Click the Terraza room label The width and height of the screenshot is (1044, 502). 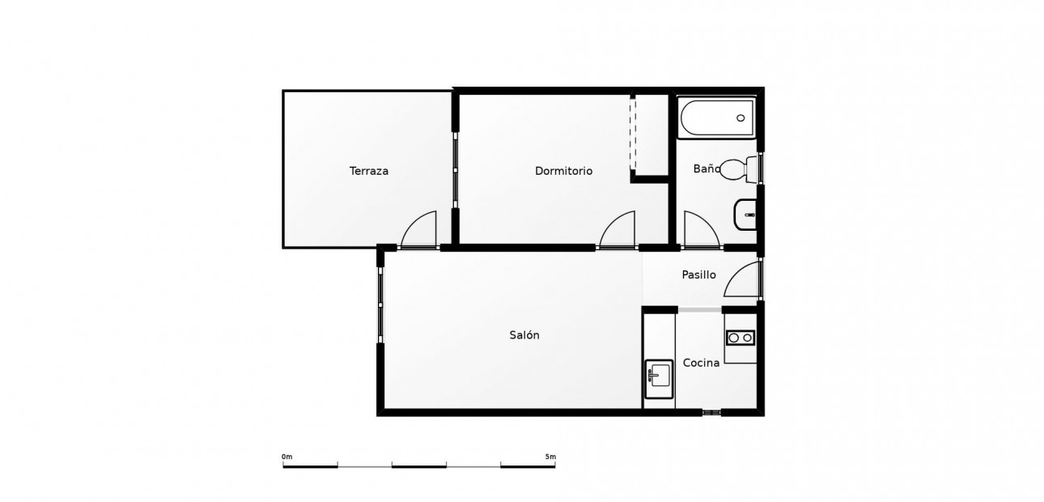(369, 171)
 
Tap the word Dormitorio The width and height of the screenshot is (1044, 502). (563, 171)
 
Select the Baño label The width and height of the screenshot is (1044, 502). (707, 168)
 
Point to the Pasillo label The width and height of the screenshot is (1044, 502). (698, 275)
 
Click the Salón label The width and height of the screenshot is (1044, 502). (524, 334)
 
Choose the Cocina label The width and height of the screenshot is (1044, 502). (701, 363)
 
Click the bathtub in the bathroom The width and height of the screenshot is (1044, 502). (717, 118)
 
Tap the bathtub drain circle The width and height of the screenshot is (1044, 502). (741, 118)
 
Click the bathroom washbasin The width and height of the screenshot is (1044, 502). (745, 215)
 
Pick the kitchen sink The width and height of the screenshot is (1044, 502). (659, 379)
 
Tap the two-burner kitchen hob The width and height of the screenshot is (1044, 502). (741, 338)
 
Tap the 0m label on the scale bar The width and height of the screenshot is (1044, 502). (286, 457)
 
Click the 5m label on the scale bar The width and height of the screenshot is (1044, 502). (550, 457)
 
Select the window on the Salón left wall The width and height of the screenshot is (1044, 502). (380, 305)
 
